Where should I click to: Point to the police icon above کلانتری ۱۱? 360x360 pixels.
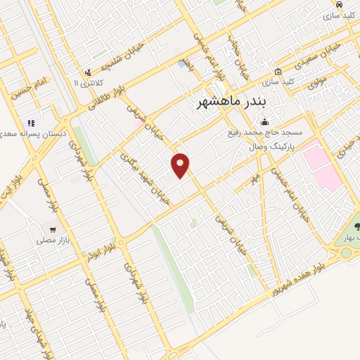click(x=87, y=72)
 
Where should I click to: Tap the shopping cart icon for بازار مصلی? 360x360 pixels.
click(x=53, y=229)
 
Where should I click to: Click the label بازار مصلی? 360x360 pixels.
click(x=51, y=240)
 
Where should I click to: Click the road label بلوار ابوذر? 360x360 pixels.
click(x=100, y=252)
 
